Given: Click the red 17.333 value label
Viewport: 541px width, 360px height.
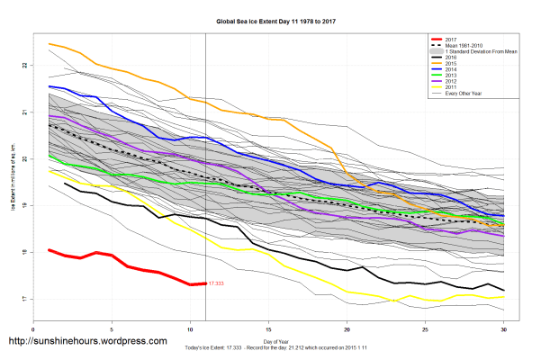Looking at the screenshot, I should (216, 283).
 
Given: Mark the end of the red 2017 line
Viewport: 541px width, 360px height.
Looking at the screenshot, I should (205, 283).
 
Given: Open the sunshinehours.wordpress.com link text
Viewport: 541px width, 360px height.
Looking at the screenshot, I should (86, 342).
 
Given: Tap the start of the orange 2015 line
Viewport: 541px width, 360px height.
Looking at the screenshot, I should (49, 43).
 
